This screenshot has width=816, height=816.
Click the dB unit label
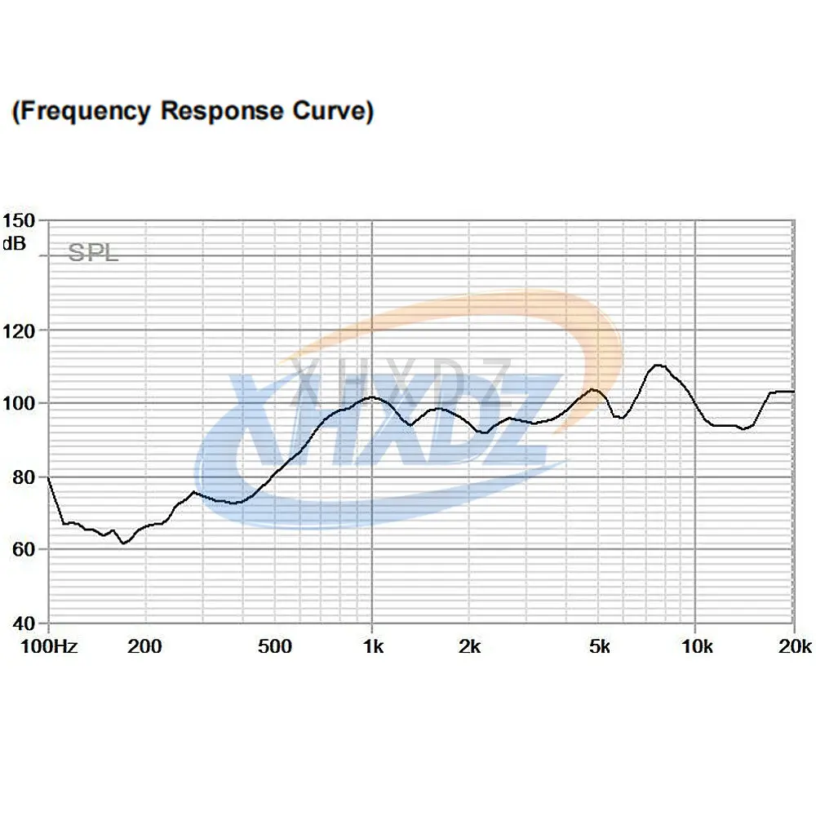(14, 242)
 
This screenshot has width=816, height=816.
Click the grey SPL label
(93, 253)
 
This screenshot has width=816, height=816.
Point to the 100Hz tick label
(48, 648)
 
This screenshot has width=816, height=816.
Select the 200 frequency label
(145, 648)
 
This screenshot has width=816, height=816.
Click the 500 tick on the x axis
(274, 648)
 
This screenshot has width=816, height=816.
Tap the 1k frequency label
(372, 648)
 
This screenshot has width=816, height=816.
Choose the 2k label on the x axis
(469, 648)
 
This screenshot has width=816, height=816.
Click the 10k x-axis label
(696, 648)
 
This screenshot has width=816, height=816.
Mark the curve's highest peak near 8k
(658, 366)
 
